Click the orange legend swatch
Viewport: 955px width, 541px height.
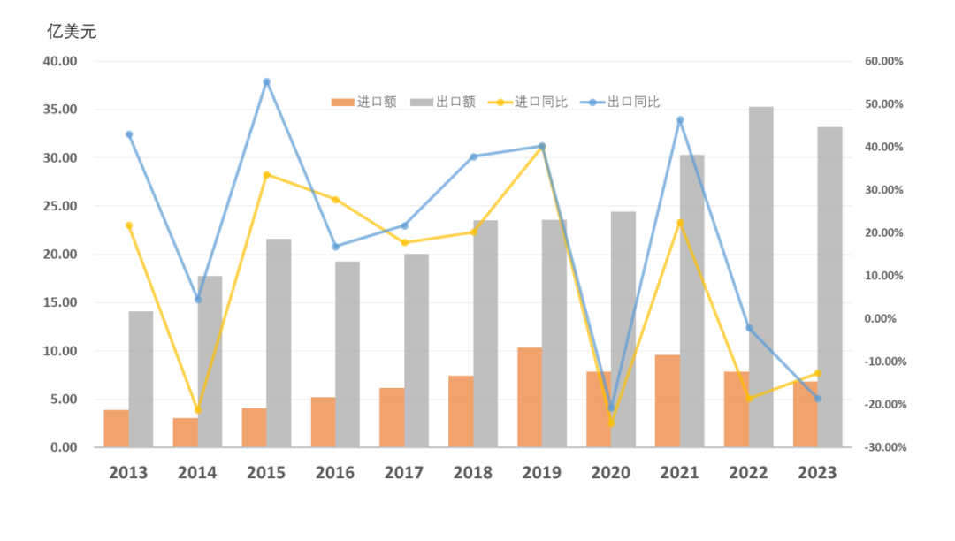click(x=342, y=103)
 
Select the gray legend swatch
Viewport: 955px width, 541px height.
click(x=422, y=103)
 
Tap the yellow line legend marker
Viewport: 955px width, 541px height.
click(x=500, y=103)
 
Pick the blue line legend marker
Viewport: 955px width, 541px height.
click(x=592, y=103)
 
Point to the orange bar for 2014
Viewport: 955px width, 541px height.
click(x=184, y=431)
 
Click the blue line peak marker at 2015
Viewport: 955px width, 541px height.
click(x=266, y=81)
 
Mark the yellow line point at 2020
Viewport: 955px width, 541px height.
click(x=610, y=423)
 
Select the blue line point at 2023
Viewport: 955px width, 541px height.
click(x=817, y=399)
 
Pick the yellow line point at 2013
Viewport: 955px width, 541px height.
click(x=129, y=225)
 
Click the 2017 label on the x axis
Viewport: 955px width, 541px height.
click(x=404, y=473)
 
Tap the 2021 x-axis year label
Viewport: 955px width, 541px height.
click(x=679, y=473)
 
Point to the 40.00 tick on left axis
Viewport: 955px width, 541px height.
click(x=60, y=61)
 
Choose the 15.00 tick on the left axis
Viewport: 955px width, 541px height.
click(x=60, y=302)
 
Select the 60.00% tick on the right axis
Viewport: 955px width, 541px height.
click(x=884, y=61)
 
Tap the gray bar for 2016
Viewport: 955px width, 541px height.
click(x=348, y=354)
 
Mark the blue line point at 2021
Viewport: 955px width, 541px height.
click(x=680, y=119)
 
